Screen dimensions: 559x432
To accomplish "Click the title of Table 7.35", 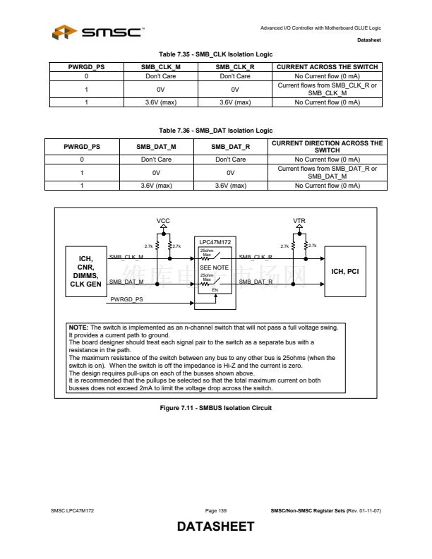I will click(x=215, y=54).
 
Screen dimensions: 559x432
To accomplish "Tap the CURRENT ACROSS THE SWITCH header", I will click(x=327, y=67).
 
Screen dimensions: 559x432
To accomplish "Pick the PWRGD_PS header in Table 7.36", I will click(x=82, y=147).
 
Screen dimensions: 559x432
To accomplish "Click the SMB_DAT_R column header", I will click(x=230, y=147).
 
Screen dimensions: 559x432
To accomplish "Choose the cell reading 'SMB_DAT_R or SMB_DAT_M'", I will click(x=327, y=173).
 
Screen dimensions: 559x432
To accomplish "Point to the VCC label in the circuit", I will click(x=163, y=221).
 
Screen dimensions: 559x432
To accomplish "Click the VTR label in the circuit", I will click(x=299, y=221).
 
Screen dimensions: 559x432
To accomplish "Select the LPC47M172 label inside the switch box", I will click(x=215, y=241).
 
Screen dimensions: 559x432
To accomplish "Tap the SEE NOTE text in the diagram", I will click(x=215, y=268).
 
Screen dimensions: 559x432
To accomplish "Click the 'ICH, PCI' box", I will click(x=350, y=271).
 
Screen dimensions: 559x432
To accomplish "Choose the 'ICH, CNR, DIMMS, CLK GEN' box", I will click(x=85, y=271).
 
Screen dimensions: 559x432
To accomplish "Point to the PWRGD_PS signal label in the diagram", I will click(x=127, y=299).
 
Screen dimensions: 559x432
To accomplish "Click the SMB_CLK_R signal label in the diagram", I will click(x=256, y=256).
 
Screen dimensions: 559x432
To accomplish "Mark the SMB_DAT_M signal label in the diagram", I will click(x=127, y=282).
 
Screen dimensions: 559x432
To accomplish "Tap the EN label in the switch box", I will click(x=215, y=290).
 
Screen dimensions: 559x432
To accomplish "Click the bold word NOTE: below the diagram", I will click(x=78, y=327).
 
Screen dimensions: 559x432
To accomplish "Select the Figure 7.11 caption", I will click(x=215, y=408).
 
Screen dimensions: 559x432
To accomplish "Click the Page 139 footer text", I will click(x=215, y=510).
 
